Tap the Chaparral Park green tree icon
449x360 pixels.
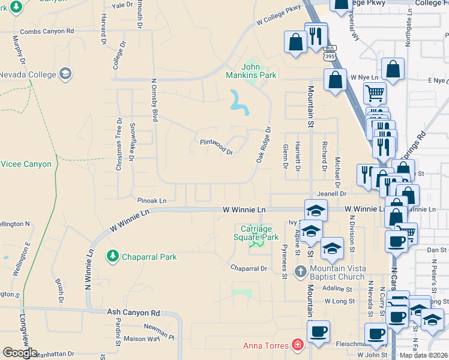[x=112, y=257]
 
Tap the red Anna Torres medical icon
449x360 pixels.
[x=297, y=345]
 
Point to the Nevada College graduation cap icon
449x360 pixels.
[x=65, y=74]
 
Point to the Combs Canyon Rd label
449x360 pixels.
[x=47, y=31]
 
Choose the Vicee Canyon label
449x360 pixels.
[x=26, y=164]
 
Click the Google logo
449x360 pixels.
[x=19, y=353]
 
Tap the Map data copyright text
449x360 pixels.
[x=423, y=355]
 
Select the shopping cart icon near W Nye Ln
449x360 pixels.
[x=375, y=94]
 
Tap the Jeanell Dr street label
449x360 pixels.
[x=332, y=194]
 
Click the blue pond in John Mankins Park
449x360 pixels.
[x=239, y=103]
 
